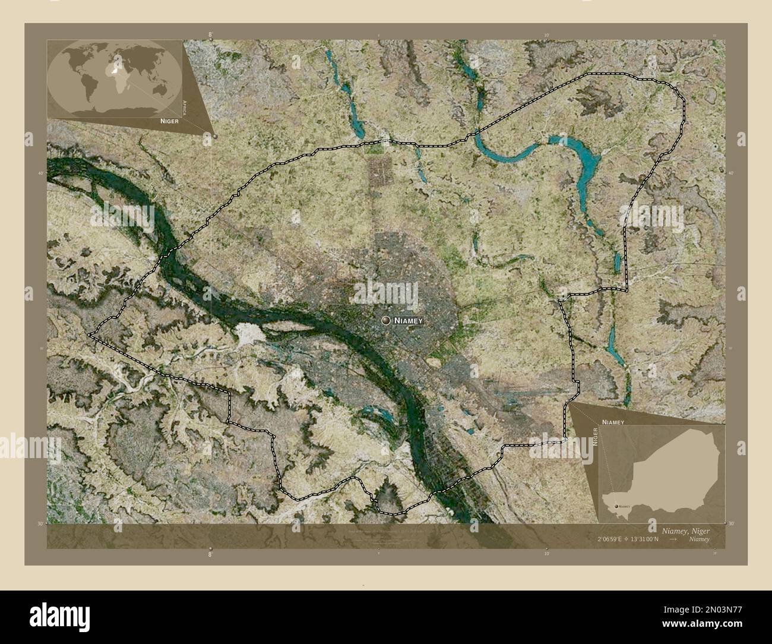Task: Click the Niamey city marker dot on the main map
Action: click(387, 321)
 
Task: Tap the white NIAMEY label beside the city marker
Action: click(408, 321)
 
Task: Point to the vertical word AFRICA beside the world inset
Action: click(185, 107)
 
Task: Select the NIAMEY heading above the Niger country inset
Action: click(612, 421)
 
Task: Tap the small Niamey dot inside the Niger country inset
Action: click(613, 506)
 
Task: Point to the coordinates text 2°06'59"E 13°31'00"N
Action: click(632, 539)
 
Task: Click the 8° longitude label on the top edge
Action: click(210, 36)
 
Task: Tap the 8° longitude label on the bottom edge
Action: click(210, 554)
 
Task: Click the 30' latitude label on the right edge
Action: click(731, 523)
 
